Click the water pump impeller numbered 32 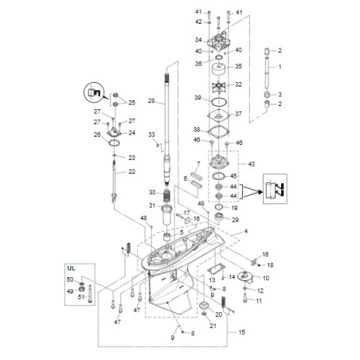tap(219, 86)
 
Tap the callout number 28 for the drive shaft tap(151, 100)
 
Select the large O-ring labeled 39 tap(219, 102)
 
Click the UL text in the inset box tap(71, 268)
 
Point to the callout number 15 tap(241, 332)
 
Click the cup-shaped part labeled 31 tap(166, 214)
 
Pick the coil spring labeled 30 tap(166, 196)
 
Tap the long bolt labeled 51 tap(90, 293)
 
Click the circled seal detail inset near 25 tap(94, 93)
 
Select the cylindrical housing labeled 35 tap(219, 69)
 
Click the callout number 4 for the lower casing tap(246, 231)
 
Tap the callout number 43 tap(251, 164)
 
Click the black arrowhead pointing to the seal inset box tap(260, 192)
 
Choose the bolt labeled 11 tap(245, 298)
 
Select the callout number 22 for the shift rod tap(131, 171)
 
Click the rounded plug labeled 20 tap(204, 306)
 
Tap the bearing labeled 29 tap(219, 217)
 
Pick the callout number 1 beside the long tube tap(280, 67)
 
